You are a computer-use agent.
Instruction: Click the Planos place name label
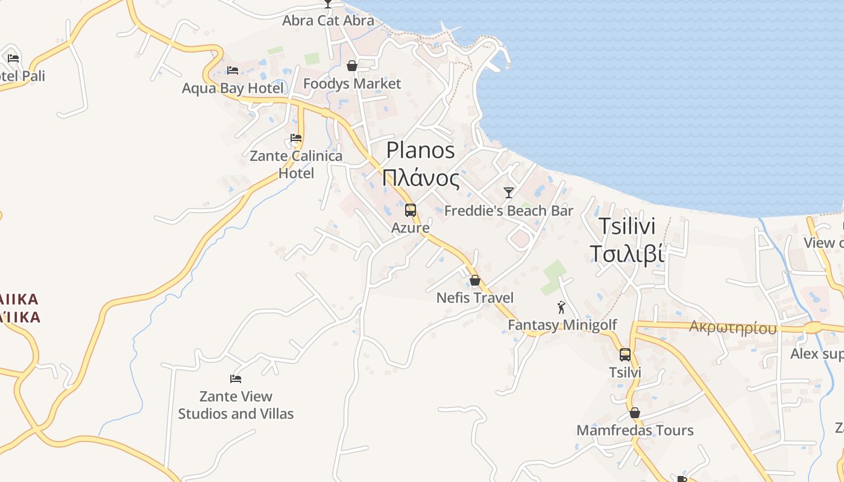click(420, 150)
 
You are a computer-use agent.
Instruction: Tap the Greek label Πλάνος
click(420, 178)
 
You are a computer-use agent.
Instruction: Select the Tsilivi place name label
click(627, 226)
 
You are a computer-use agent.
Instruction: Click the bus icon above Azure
click(411, 210)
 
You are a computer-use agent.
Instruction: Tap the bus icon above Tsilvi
click(625, 355)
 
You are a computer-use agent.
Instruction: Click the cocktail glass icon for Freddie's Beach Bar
click(509, 193)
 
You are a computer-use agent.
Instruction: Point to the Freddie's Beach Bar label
click(509, 211)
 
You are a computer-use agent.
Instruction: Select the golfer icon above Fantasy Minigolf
click(562, 307)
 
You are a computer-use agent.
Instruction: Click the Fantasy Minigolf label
click(562, 325)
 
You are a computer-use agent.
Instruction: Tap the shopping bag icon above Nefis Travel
click(475, 280)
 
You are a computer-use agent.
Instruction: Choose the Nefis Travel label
click(475, 298)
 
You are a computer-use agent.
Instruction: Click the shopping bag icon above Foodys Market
click(352, 66)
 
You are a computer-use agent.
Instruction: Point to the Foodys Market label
click(352, 84)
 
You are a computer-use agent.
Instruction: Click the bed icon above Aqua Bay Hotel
click(233, 70)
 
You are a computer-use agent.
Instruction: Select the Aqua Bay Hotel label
click(233, 89)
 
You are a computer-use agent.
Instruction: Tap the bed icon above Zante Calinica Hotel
click(296, 138)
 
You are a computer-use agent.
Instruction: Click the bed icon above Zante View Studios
click(236, 379)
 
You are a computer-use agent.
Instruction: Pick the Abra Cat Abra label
click(328, 20)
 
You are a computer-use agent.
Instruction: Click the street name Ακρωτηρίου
click(732, 328)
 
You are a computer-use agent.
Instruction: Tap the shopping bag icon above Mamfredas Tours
click(635, 413)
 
